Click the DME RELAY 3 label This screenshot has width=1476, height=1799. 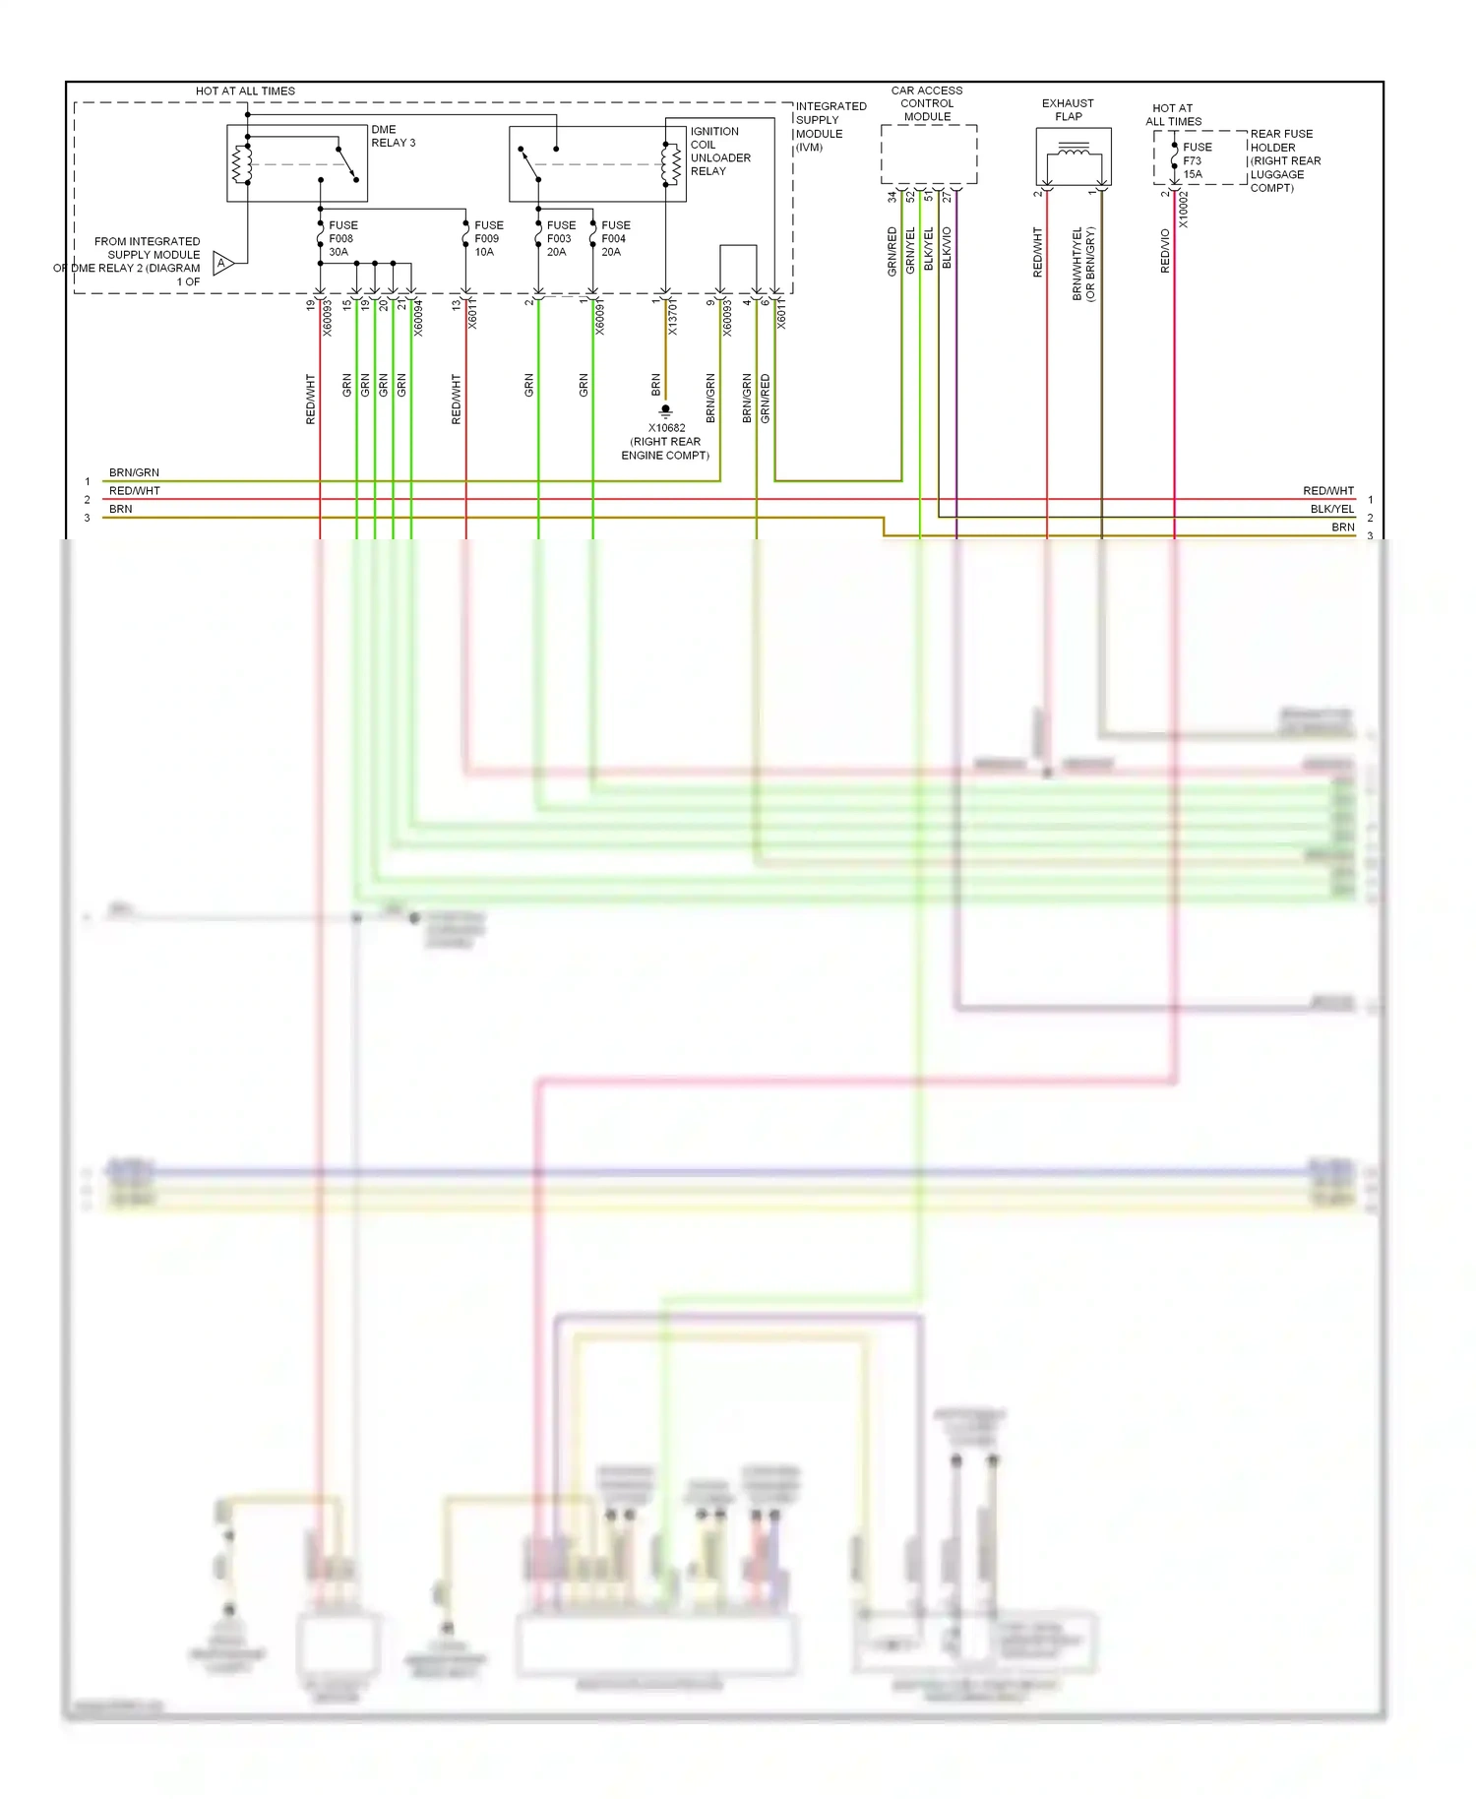[393, 136]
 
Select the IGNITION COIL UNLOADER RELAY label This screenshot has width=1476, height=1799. [719, 151]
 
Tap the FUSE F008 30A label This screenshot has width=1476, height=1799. [342, 238]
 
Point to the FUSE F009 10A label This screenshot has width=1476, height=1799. [488, 238]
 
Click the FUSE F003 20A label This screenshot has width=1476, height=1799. [560, 238]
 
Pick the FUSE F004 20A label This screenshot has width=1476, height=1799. [615, 238]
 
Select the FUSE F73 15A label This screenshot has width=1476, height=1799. [1197, 160]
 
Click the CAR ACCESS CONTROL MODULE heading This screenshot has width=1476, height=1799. [927, 103]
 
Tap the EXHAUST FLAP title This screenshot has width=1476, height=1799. [1068, 109]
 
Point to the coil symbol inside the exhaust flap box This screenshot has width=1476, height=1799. [1074, 151]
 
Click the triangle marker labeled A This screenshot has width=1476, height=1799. [222, 263]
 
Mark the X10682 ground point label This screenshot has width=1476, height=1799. [666, 441]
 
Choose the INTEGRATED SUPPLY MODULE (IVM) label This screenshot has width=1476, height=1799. [830, 126]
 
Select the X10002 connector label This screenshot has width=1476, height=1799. [1184, 210]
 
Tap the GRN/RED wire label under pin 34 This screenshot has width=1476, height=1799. [892, 251]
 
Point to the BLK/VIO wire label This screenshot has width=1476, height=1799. [947, 248]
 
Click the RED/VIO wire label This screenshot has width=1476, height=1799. [1165, 251]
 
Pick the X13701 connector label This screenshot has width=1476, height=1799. [673, 318]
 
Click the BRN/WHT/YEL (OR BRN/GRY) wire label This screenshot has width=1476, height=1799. [1083, 264]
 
